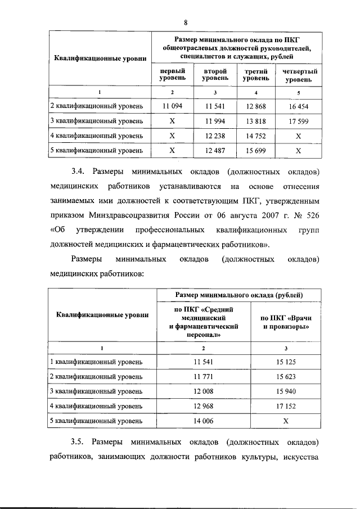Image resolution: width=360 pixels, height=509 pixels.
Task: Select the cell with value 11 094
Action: click(173, 106)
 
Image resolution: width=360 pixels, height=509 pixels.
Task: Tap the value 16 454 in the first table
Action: click(298, 106)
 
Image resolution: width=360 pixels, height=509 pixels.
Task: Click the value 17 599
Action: click(298, 120)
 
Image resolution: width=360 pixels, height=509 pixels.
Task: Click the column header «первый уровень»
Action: click(173, 75)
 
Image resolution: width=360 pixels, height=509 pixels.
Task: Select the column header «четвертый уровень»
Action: click(298, 75)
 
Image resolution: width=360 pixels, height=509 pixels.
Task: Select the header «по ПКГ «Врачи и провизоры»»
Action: click(286, 322)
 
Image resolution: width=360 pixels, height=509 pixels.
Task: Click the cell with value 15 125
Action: click(286, 361)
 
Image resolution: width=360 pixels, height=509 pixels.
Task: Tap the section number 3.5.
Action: click(78, 454)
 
